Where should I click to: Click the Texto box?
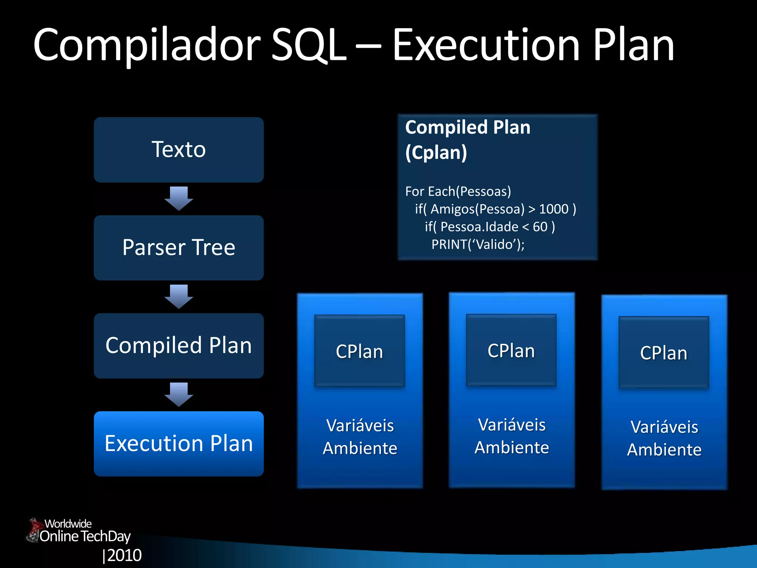(x=179, y=150)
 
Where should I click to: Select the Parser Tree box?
(x=179, y=248)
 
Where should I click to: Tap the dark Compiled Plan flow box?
(x=179, y=346)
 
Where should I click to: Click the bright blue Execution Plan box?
(x=179, y=444)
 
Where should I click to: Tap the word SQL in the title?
(x=309, y=46)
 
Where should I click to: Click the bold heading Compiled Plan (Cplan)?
(x=468, y=140)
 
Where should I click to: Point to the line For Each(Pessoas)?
(x=458, y=192)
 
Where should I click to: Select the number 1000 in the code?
(x=553, y=209)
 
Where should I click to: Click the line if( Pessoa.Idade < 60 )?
(x=489, y=227)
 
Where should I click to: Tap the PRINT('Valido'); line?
(x=478, y=244)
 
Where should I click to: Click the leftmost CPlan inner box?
(x=359, y=351)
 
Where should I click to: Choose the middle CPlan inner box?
(x=511, y=350)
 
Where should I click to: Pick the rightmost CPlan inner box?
(x=663, y=352)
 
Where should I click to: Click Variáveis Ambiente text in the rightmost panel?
(x=664, y=438)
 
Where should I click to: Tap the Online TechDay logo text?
(x=85, y=536)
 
